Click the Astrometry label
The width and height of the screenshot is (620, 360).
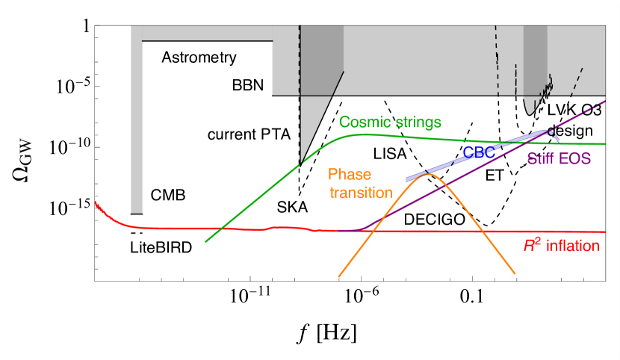[x=199, y=58]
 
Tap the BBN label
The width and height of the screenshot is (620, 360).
[x=249, y=84]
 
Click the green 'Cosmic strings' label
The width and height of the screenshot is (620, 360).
[x=390, y=122]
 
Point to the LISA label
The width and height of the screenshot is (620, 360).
[x=389, y=154]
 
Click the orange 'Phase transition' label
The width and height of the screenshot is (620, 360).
[x=361, y=184]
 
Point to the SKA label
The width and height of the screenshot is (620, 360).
[x=292, y=206]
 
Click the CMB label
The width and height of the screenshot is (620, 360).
[x=168, y=196]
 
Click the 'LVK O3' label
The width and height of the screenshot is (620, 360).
[x=574, y=110]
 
